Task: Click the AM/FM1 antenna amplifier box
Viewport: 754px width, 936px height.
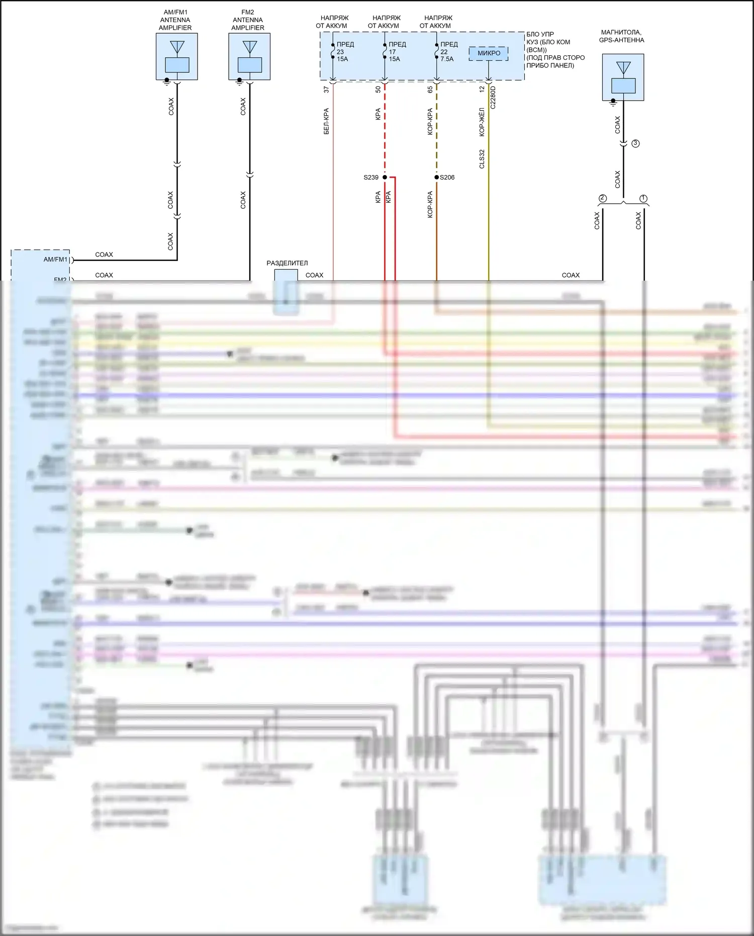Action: click(176, 56)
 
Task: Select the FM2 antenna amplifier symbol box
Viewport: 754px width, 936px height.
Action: click(249, 56)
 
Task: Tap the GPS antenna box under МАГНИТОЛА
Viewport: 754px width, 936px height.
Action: click(623, 77)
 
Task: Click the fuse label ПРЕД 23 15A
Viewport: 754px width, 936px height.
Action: click(344, 52)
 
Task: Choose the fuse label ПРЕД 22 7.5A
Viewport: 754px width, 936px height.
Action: click(448, 52)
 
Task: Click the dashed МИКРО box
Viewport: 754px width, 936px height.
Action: click(489, 53)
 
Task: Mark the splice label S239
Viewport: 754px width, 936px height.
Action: click(371, 178)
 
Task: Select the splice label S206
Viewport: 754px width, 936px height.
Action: click(447, 178)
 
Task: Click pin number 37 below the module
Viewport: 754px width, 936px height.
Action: click(326, 90)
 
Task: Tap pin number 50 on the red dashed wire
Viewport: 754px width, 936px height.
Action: click(378, 90)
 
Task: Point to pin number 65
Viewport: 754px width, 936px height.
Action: click(430, 90)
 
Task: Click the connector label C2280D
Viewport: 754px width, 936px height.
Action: click(493, 98)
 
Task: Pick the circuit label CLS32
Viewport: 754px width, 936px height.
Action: click(482, 159)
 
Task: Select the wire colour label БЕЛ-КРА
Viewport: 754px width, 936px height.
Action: click(326, 121)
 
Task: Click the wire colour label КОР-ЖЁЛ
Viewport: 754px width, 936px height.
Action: click(482, 122)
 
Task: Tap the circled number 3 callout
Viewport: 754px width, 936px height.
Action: click(635, 143)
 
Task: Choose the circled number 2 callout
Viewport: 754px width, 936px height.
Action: click(603, 199)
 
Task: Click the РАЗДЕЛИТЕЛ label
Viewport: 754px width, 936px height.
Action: click(287, 263)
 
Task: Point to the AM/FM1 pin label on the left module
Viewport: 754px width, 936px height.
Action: click(55, 260)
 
